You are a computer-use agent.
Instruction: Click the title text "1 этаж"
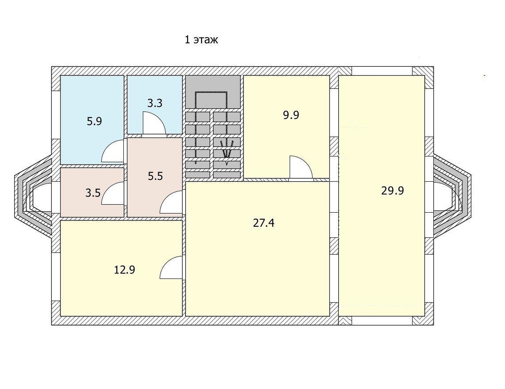(x=201, y=40)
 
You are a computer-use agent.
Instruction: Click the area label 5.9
(x=94, y=122)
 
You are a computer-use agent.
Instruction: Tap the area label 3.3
(x=155, y=103)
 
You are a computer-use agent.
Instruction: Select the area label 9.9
(x=291, y=115)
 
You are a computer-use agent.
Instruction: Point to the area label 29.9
(x=393, y=191)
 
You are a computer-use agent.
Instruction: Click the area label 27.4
(x=264, y=223)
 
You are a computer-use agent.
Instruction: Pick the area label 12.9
(x=125, y=270)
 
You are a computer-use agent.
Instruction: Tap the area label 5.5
(x=155, y=176)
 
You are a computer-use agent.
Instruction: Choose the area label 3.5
(x=93, y=193)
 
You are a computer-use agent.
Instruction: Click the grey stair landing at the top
(x=213, y=92)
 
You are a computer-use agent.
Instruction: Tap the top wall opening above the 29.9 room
(x=382, y=71)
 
